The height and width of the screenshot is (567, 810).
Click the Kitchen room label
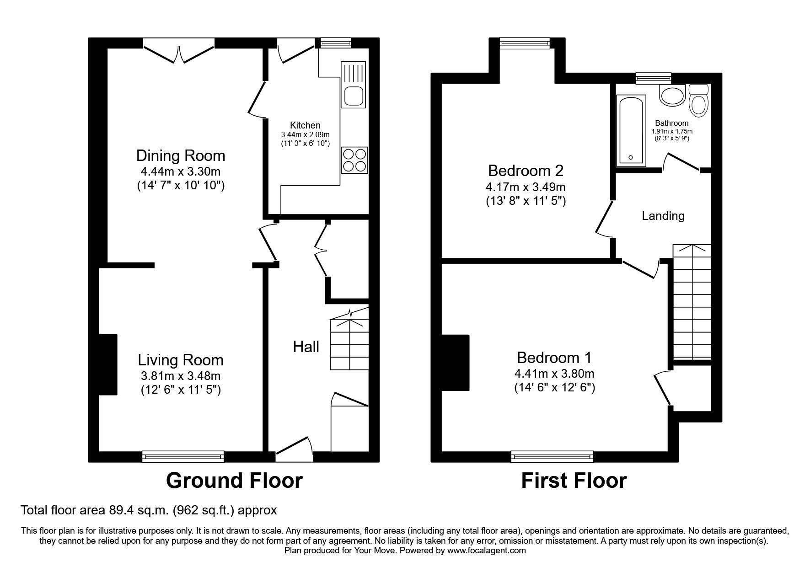(305, 125)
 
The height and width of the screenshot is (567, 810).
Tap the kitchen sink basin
(354, 96)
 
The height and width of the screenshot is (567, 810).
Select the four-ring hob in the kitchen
(354, 160)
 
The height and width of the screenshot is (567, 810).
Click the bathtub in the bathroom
(631, 130)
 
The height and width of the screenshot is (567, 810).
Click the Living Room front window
(183, 456)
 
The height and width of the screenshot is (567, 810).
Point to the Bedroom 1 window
(552, 456)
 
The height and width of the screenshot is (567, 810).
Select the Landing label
(663, 216)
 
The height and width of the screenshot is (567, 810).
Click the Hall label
(306, 347)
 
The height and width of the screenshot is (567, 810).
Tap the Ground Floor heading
(234, 481)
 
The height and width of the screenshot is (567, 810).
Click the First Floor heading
(574, 481)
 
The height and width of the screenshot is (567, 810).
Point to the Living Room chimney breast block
(108, 364)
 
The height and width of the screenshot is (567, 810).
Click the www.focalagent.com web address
(487, 551)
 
